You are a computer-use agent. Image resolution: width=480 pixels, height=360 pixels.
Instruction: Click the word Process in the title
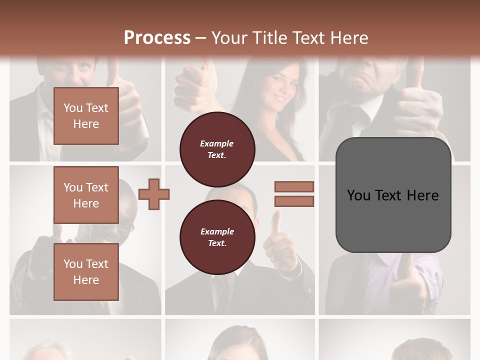point(157,38)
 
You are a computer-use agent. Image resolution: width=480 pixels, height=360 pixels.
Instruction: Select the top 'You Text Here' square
point(86,116)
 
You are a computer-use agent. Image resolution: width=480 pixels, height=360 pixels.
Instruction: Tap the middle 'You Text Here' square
point(86,195)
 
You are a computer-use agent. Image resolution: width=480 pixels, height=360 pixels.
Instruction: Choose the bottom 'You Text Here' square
point(86,272)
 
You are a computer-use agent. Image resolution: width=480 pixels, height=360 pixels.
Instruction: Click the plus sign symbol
point(154,194)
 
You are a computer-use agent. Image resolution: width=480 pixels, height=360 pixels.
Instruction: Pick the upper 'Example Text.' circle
point(217,149)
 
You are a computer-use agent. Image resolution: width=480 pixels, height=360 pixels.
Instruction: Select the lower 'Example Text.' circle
point(217,237)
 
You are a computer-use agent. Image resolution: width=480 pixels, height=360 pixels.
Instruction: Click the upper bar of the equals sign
point(294,186)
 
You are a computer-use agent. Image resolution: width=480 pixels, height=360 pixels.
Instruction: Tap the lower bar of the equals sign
point(294,201)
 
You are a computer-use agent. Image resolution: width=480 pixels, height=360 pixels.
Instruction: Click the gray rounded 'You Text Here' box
point(393,195)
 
